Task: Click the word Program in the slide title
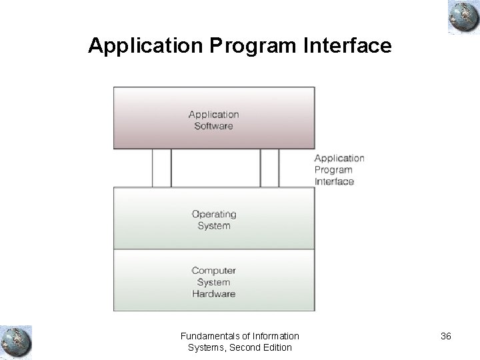[249, 46]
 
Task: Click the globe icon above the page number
[461, 17]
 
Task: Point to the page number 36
[445, 336]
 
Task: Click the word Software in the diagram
[213, 126]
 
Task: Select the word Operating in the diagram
[214, 214]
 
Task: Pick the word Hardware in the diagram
[213, 293]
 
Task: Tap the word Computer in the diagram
[213, 270]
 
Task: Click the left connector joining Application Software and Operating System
[162, 167]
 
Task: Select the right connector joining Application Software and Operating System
[269, 167]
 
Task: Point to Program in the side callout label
[333, 170]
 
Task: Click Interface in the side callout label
[334, 181]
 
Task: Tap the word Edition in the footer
[276, 347]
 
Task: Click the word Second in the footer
[243, 347]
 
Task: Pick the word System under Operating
[213, 225]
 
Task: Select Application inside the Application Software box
[213, 115]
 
